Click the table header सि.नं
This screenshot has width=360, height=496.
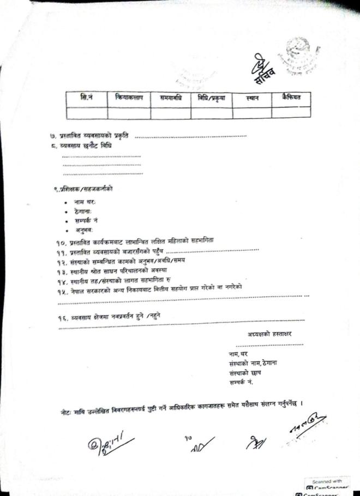tap(86, 98)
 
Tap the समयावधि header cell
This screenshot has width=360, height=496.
tap(170, 98)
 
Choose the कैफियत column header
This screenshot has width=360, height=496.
tap(291, 98)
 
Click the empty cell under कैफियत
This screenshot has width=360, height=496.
tap(291, 112)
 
